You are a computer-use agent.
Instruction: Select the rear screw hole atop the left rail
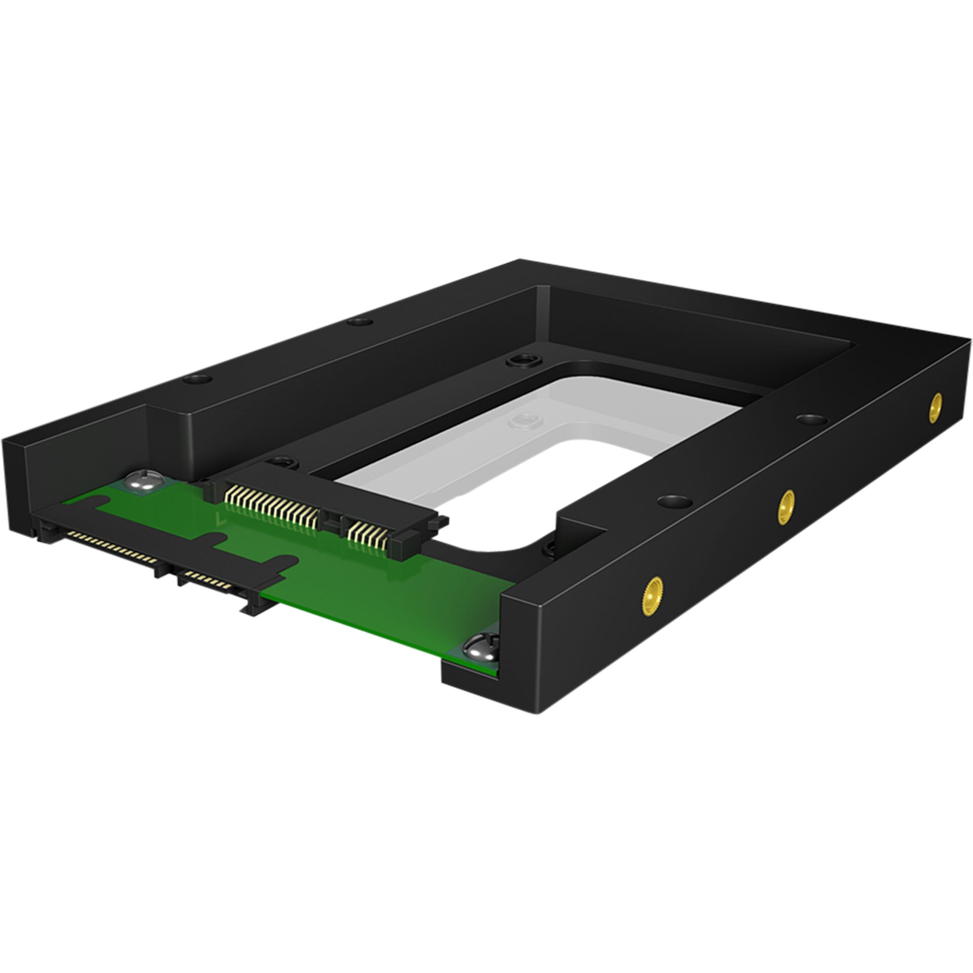pyautogui.click(x=360, y=321)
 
